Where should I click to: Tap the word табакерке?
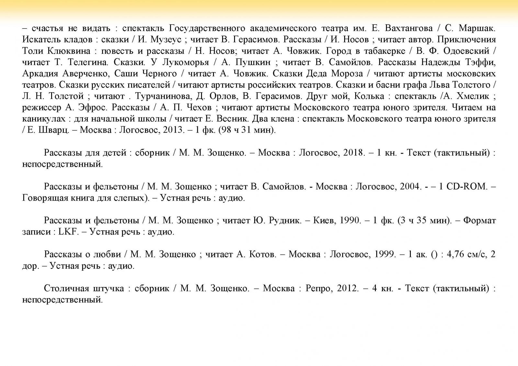point(385,51)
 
